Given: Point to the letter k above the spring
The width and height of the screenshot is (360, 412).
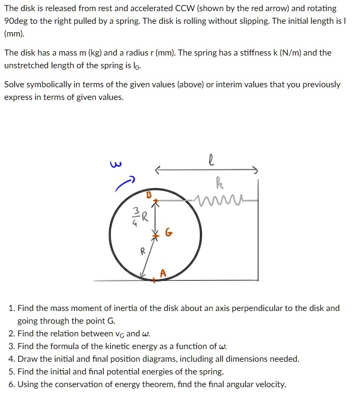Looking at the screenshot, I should tap(220, 185).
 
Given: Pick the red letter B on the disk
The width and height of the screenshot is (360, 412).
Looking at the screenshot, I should tap(149, 195).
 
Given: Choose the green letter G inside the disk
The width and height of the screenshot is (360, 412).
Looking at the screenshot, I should tap(168, 233).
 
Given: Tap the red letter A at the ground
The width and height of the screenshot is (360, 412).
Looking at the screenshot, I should tap(163, 273).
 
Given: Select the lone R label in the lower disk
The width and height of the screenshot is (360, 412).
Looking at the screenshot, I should tap(142, 252).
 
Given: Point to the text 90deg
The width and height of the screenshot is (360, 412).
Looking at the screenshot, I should tap(17, 21).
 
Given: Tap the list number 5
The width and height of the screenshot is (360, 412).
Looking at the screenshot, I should tap(12, 371).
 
